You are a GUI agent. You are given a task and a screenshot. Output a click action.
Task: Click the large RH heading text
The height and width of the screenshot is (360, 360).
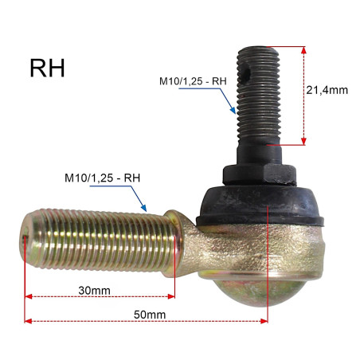(47, 68)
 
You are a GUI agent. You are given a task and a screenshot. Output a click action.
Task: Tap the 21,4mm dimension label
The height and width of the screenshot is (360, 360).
(327, 90)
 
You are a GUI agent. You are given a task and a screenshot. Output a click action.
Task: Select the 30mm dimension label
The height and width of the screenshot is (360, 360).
(94, 291)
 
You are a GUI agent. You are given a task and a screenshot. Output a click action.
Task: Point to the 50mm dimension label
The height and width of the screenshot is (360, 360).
(150, 315)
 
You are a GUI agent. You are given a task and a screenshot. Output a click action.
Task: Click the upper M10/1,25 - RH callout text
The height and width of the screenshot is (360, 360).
(193, 81)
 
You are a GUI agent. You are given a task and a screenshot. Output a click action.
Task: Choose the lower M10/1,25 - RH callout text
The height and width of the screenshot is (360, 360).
(102, 178)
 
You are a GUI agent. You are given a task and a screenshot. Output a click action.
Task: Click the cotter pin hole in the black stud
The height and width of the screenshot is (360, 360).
(247, 74)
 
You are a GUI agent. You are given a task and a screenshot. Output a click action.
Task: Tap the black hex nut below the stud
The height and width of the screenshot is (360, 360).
(260, 174)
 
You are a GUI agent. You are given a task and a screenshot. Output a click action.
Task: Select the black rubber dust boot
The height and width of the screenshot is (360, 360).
(260, 206)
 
